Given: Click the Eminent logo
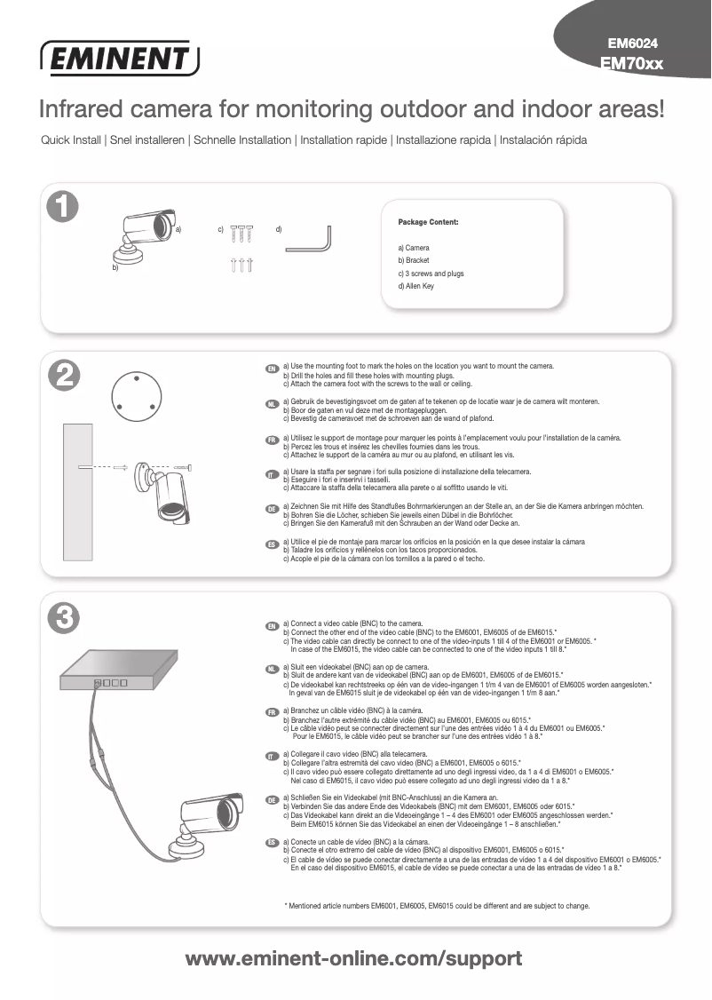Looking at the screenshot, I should coord(120,59).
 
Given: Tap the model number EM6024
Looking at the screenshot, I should coord(632,43).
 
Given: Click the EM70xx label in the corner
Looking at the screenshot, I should coord(632,63).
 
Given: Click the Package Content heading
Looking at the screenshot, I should coord(428,221).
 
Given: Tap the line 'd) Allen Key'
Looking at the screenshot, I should coord(416,286).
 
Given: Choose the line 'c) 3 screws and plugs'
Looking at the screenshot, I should coord(431,274).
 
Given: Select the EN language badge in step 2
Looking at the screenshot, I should coord(273,368).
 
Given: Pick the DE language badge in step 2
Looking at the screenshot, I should coord(273,508).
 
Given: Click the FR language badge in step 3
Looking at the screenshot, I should coord(273,713).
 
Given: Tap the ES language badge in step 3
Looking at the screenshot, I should coord(273,841).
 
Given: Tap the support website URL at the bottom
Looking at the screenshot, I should coord(353,959).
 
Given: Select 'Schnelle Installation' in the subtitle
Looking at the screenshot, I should coord(242,140).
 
